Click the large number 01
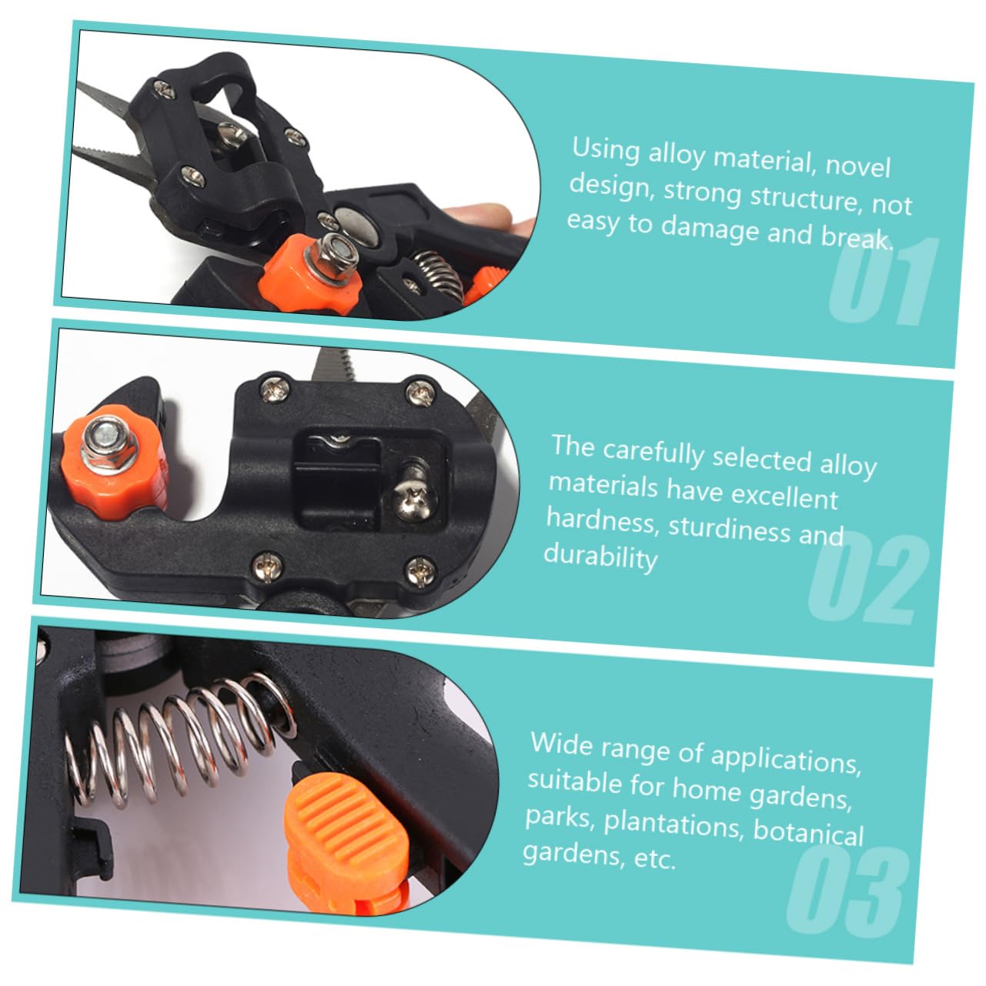coord(884,281)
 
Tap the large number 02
coord(868,578)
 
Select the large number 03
coord(847,891)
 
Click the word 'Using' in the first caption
coord(605,150)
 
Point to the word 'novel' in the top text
coord(858,165)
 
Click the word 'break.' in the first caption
coord(857,237)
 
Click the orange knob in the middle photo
coord(115,462)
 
